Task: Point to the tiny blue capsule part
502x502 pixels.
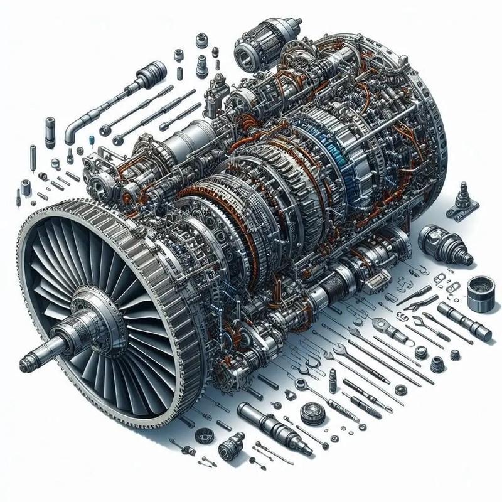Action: tap(93, 141)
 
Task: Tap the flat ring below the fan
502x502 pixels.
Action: tap(205, 435)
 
